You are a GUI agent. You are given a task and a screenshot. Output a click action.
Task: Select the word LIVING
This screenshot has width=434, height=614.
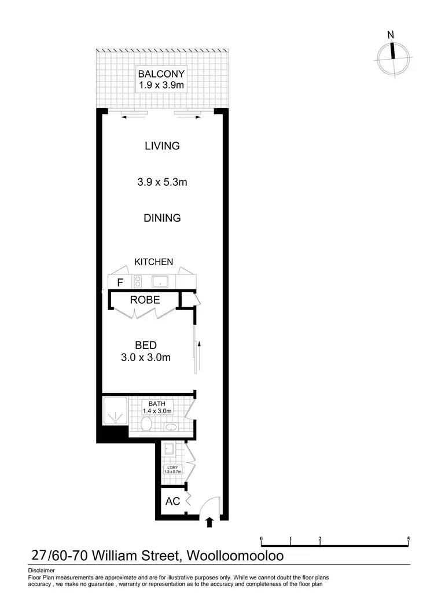pos(162,146)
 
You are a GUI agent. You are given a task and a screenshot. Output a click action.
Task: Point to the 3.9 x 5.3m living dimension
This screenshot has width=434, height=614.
pos(162,182)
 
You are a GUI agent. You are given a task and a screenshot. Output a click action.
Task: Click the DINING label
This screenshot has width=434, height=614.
pos(163,218)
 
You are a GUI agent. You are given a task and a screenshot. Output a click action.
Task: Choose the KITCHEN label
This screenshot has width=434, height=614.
pos(154,262)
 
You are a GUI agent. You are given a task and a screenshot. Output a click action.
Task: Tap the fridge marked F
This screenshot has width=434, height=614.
pos(120,282)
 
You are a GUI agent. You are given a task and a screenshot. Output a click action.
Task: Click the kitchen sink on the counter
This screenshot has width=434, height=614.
pos(160,282)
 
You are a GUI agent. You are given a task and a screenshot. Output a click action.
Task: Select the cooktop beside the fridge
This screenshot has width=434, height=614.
pos(138,282)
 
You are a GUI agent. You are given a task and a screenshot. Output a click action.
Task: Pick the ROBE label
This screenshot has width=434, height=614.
pos(145,300)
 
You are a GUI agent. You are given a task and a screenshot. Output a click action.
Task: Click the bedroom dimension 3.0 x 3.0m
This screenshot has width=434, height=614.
pos(146,358)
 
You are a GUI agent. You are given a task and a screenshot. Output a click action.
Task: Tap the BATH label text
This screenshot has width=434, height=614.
pos(157,403)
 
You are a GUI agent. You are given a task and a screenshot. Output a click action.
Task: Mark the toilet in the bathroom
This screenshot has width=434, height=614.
pos(148,425)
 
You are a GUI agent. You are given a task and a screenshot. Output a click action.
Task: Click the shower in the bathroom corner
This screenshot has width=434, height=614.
pos(115,412)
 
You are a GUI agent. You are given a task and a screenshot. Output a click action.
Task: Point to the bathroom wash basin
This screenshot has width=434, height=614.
pos(172,427)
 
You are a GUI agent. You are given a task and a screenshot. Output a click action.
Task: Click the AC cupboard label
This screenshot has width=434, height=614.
pos(172,502)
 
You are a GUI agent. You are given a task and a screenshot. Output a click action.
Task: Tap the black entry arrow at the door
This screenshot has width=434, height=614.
pos(209,523)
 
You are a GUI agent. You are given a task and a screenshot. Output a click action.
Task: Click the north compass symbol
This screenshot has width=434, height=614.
pos(393,53)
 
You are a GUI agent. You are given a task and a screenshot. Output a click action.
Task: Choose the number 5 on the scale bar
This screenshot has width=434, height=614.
pos(409,538)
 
